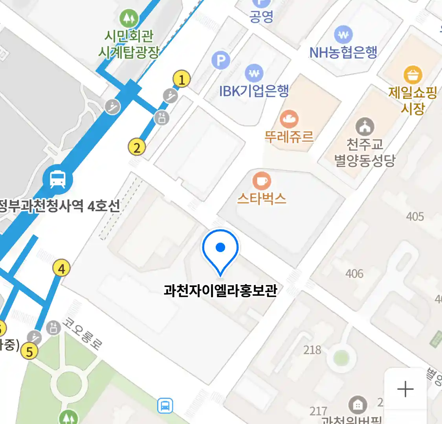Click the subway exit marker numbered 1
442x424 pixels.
tap(182, 80)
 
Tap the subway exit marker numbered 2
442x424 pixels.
tap(137, 148)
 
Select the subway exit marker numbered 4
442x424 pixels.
tap(61, 269)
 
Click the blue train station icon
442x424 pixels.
tap(58, 180)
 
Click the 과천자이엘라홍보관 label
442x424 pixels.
tap(220, 291)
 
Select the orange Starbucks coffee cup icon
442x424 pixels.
tap(261, 181)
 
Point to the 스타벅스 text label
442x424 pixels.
tap(262, 199)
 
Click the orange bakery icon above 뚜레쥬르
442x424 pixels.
tap(289, 119)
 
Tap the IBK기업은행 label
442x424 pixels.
tap(254, 91)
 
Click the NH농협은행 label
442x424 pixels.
tap(343, 53)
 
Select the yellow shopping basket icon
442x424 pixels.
tap(413, 75)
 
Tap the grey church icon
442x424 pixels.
tap(365, 127)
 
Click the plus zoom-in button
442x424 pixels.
tap(405, 389)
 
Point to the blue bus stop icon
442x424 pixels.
tap(165, 406)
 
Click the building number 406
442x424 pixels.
tap(354, 274)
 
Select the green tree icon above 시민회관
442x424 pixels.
tap(128, 18)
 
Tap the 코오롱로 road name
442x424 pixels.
tap(83, 334)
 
